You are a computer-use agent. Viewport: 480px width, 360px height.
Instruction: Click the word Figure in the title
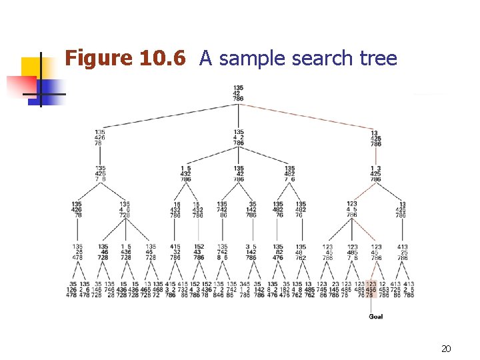(x=99, y=59)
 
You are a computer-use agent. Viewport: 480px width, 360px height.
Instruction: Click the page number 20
(x=446, y=349)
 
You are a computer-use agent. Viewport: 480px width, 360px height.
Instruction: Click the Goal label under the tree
(x=376, y=316)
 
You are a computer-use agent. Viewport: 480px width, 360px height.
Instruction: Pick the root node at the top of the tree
(x=238, y=93)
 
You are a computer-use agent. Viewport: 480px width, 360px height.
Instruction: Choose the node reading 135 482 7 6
(x=290, y=173)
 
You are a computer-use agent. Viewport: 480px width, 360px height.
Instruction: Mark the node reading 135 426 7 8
(x=100, y=173)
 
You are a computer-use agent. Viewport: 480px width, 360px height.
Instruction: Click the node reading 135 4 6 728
(x=125, y=209)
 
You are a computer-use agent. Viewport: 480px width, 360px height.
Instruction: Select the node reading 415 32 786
(x=175, y=251)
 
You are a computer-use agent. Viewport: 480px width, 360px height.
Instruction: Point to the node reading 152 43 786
(x=199, y=251)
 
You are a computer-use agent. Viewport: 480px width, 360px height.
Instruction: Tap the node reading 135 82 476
(x=278, y=251)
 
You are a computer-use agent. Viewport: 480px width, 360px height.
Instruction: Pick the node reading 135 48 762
(x=301, y=251)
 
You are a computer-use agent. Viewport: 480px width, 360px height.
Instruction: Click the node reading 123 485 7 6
(x=353, y=251)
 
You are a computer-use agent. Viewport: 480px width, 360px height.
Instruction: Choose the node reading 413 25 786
(x=403, y=251)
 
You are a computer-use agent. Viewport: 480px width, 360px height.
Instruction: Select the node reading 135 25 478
(x=78, y=251)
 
